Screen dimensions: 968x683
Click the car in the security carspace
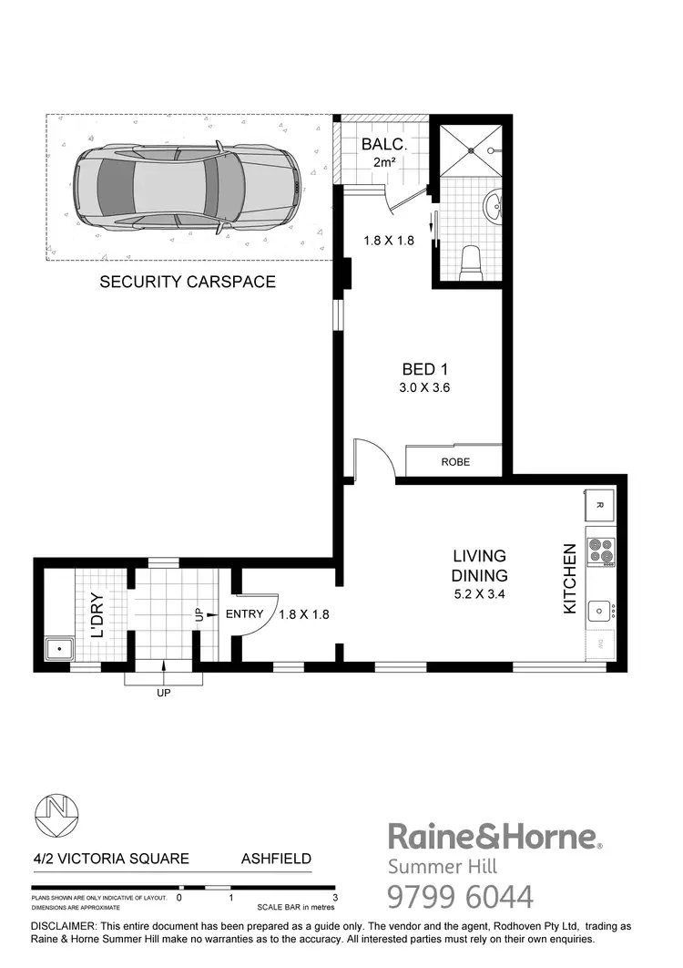(188, 187)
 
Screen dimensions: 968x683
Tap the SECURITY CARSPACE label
(187, 282)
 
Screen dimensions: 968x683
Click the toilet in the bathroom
(471, 263)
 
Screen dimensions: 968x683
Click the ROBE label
(455, 462)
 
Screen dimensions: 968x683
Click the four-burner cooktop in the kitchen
(601, 551)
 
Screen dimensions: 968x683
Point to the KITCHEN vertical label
(570, 579)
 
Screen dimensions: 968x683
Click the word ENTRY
(244, 614)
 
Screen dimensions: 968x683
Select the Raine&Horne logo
(494, 836)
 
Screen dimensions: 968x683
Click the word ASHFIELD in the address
(276, 859)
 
